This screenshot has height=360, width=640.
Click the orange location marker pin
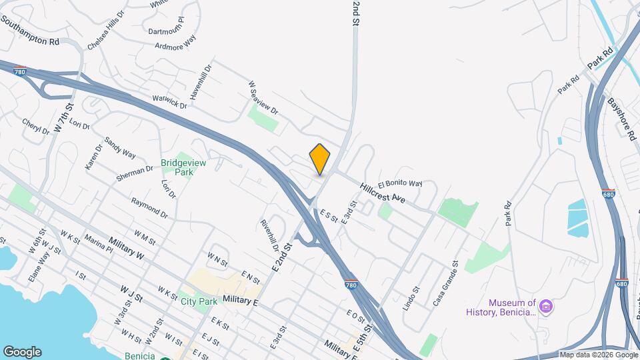pyautogui.click(x=320, y=159)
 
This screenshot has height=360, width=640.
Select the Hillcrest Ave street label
pyautogui.click(x=383, y=193)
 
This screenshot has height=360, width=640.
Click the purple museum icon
pyautogui.click(x=546, y=307)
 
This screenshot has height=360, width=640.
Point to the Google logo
pyautogui.click(x=22, y=352)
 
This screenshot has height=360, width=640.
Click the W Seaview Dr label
pyautogui.click(x=262, y=97)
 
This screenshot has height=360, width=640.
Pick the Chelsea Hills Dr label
pyautogui.click(x=106, y=30)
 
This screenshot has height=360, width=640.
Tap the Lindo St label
pyautogui.click(x=410, y=299)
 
